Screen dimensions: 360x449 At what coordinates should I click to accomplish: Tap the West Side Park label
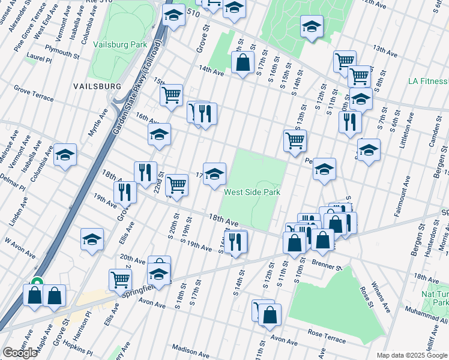click(252, 193)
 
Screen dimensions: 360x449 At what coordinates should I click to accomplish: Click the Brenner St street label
click(328, 264)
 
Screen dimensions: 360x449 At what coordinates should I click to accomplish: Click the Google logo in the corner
click(20, 353)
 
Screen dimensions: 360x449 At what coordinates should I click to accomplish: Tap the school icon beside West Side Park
click(215, 175)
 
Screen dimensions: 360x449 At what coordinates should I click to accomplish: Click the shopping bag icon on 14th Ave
click(243, 63)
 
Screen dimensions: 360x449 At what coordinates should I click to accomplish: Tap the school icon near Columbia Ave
click(65, 155)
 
